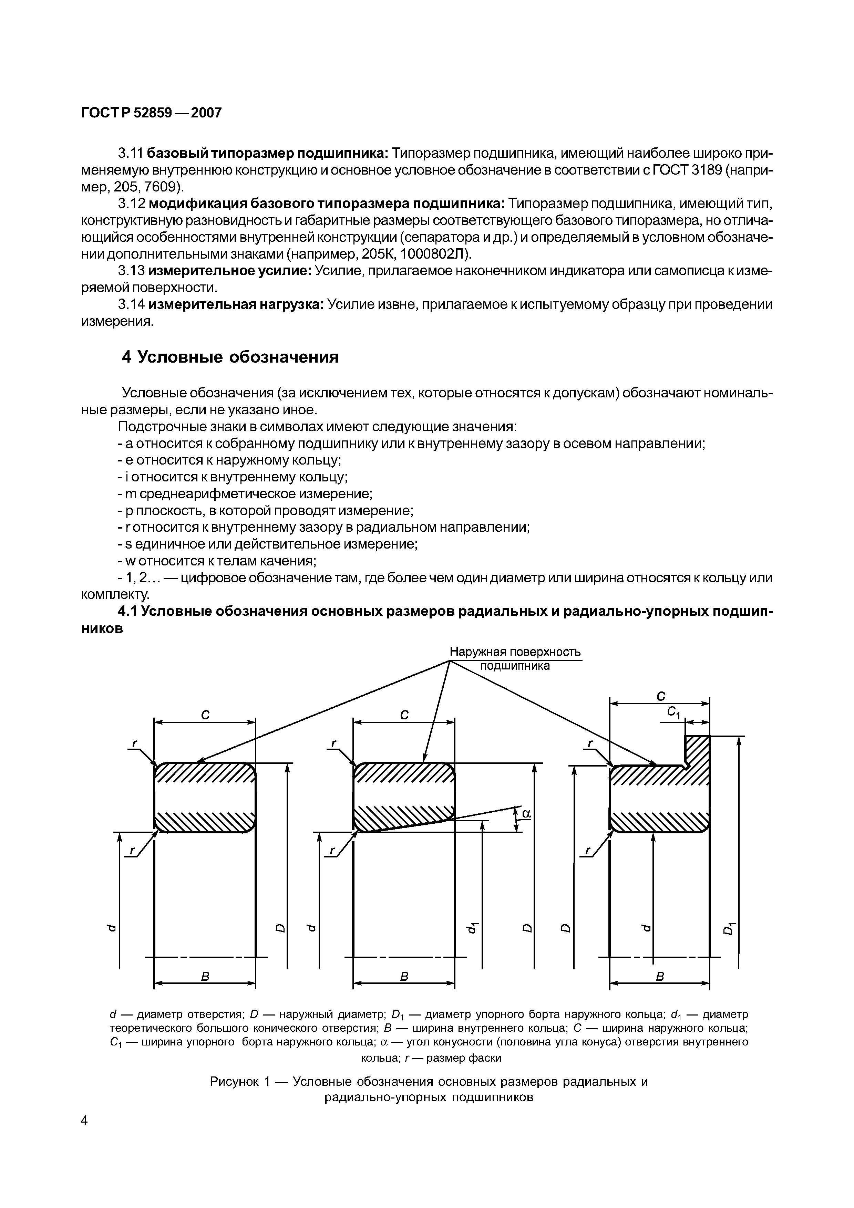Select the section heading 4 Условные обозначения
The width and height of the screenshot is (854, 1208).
pyautogui.click(x=230, y=357)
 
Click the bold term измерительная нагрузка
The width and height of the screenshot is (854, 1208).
pyautogui.click(x=236, y=305)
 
